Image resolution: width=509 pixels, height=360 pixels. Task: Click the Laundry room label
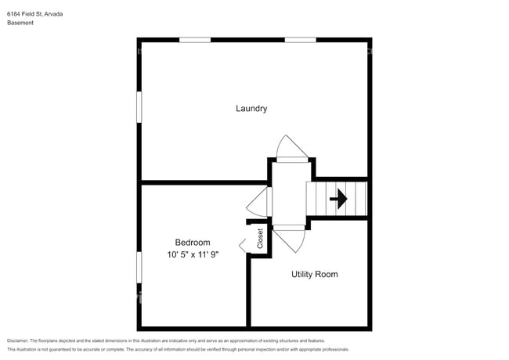(251, 108)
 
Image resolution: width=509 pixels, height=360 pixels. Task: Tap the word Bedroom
(192, 243)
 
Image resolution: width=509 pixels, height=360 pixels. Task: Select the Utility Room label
(314, 274)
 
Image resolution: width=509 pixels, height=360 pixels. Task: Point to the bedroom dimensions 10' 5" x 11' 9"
(193, 255)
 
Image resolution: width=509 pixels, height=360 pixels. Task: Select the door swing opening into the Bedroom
(258, 203)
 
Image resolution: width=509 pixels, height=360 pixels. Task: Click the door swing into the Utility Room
(289, 237)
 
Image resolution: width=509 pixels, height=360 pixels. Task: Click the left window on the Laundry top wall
(195, 39)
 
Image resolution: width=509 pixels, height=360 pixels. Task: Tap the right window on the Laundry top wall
(300, 39)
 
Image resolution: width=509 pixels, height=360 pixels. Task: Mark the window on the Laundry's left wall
(139, 107)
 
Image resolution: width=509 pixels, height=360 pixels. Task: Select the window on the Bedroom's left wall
(139, 268)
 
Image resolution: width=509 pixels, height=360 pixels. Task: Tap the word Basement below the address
(20, 23)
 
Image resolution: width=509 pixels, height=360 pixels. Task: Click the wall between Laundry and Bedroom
(204, 182)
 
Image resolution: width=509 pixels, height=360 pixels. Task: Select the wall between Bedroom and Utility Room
(249, 290)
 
